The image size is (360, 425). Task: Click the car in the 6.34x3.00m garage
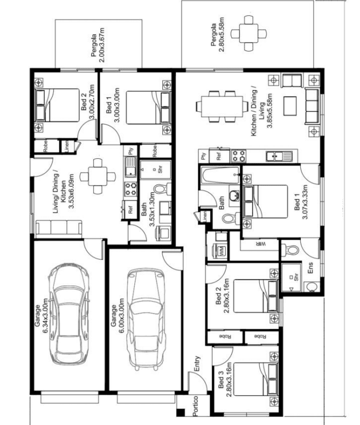point(68,314)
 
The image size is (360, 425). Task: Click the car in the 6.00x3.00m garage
point(146,320)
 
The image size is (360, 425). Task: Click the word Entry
point(197,363)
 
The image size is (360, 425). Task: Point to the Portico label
point(196,406)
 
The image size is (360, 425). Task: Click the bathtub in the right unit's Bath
point(220,176)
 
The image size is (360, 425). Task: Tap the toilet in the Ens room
point(290,250)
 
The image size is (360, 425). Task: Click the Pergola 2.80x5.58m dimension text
point(218,35)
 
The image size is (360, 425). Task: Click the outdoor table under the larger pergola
point(249,34)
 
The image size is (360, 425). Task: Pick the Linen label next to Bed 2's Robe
point(67,146)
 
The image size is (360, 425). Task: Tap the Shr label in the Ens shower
point(296,277)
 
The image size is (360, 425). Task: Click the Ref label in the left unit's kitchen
point(130,209)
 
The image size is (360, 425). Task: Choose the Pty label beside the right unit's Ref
point(203,156)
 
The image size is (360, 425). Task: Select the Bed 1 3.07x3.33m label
point(301,202)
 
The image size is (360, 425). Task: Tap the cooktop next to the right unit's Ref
point(239,156)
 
